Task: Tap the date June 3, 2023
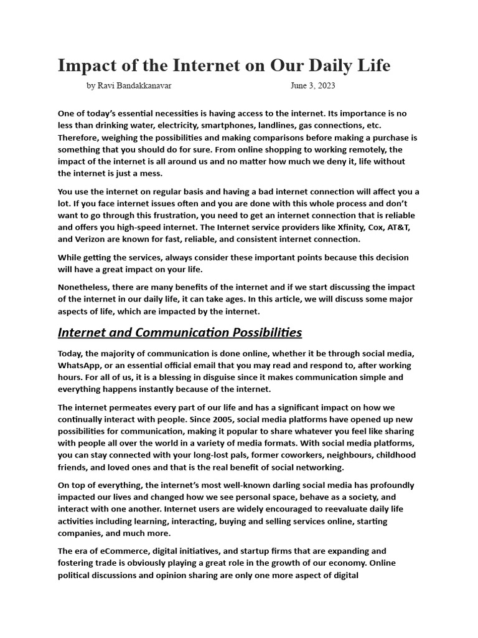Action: pyautogui.click(x=312, y=86)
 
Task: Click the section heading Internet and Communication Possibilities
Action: pyautogui.click(x=179, y=332)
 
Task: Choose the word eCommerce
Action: pyautogui.click(x=123, y=551)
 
